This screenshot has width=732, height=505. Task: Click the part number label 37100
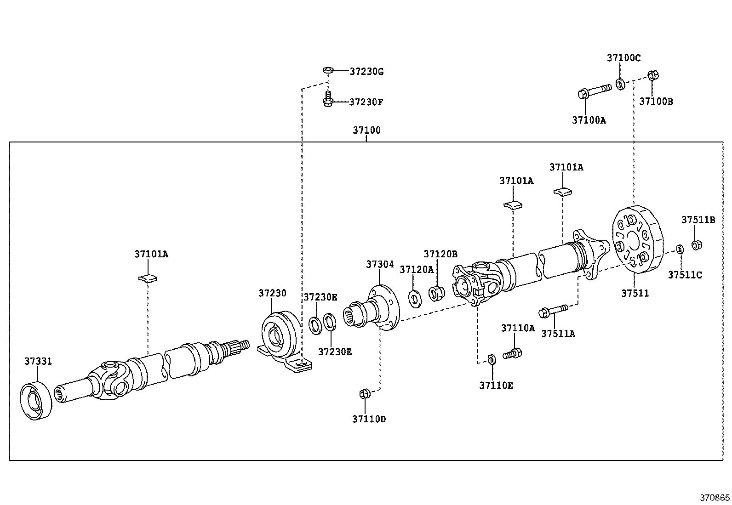(x=366, y=130)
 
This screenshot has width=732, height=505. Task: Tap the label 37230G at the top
(x=366, y=72)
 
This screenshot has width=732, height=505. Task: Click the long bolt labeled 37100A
(x=593, y=91)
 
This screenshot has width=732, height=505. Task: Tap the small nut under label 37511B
(x=697, y=244)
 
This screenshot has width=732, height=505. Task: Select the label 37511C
(x=685, y=275)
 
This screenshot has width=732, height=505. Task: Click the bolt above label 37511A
(x=554, y=311)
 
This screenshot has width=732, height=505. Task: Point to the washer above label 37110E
(x=491, y=359)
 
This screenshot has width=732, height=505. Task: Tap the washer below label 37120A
(x=414, y=298)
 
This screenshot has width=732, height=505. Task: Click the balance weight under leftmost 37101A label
(x=148, y=278)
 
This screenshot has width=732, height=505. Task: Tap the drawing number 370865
(x=715, y=498)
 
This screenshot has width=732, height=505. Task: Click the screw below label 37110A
(x=513, y=353)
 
